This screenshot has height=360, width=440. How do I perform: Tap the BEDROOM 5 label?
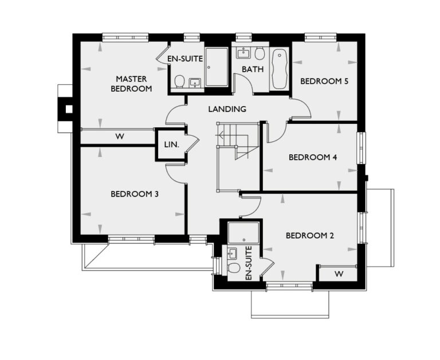coord(324,81)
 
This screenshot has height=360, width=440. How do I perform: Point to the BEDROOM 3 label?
coord(135,194)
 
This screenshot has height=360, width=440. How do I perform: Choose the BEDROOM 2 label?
coord(309,235)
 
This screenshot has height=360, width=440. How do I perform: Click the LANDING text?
coord(227,108)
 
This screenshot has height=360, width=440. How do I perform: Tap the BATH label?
coord(252,69)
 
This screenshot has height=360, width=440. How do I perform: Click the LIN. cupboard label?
coord(171,145)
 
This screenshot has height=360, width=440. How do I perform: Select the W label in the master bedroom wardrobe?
coord(120,136)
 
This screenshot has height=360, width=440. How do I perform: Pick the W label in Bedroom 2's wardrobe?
coord(339,274)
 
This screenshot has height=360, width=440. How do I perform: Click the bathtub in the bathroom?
coord(280,70)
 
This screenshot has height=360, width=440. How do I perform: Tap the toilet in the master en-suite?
coord(180,81)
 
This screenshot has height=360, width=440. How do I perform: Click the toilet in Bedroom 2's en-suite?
coord(233,269)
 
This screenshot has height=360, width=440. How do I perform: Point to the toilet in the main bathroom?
coord(260,54)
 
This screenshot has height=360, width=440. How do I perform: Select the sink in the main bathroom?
coord(242,53)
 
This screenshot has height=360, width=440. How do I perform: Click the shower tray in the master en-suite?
coord(216,66)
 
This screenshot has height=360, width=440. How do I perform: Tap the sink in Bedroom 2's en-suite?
coord(233,252)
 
